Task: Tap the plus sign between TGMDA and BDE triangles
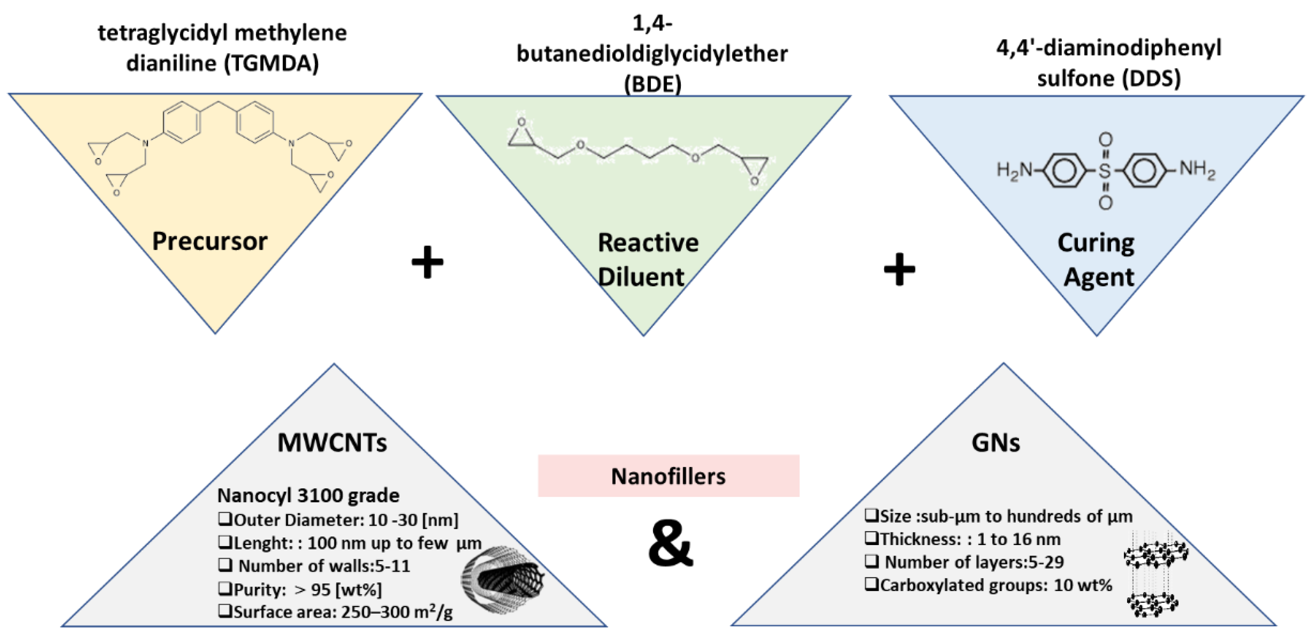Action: point(427,262)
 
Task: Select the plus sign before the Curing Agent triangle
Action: point(899,269)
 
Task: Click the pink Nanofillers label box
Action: point(668,476)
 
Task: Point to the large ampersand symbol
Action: point(670,544)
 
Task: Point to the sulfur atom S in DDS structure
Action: point(1105,170)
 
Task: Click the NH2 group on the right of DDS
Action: point(1197,169)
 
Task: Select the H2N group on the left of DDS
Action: point(1014,170)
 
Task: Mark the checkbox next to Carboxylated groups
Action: point(871,584)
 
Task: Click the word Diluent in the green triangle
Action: point(641,277)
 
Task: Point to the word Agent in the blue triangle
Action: point(1098,277)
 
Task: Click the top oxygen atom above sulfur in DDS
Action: point(1105,139)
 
